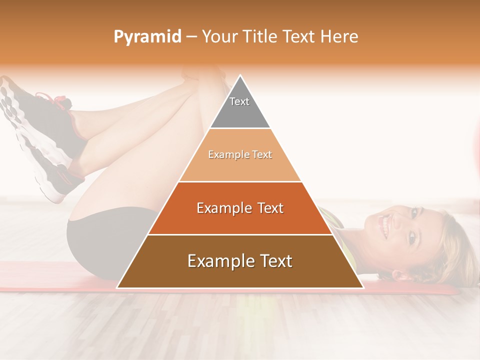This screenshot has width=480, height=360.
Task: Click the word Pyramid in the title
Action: [147, 37]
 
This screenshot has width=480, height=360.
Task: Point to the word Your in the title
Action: [220, 36]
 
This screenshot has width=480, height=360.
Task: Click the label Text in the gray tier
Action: [239, 101]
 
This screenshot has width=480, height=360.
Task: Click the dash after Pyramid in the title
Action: [191, 37]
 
